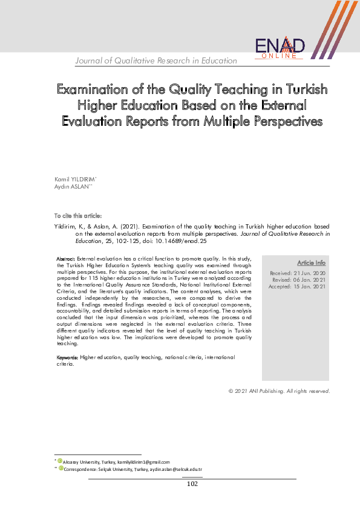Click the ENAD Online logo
coord(280,47)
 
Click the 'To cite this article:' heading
coord(78,216)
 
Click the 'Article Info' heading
coord(311,263)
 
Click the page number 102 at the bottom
coord(192,484)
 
